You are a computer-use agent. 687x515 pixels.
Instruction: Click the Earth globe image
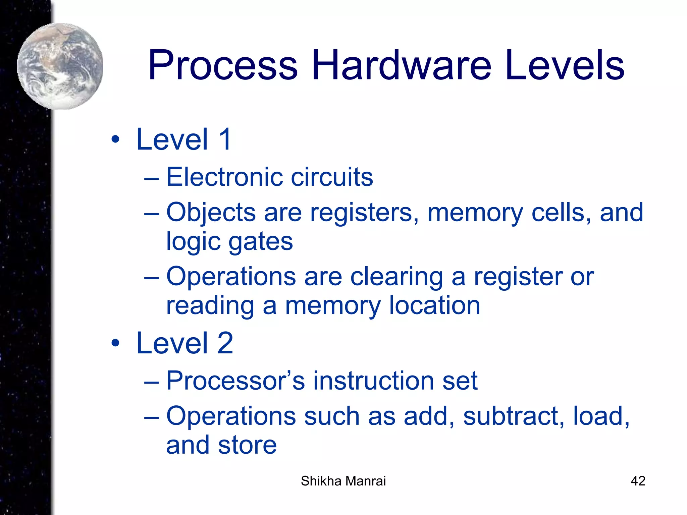[60, 66]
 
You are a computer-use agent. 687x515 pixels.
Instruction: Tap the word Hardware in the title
[401, 65]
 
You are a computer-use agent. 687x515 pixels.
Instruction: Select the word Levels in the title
[565, 65]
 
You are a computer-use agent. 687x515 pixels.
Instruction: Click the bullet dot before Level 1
[115, 139]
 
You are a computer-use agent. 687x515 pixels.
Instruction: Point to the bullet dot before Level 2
[115, 343]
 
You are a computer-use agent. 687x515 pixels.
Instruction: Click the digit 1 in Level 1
[225, 139]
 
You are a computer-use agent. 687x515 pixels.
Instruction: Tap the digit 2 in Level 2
[225, 343]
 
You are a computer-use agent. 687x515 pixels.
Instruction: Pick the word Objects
[211, 213]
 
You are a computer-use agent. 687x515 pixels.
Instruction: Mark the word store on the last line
[247, 445]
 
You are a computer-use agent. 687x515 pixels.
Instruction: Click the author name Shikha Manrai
[343, 481]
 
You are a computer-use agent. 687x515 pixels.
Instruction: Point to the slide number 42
[638, 481]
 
